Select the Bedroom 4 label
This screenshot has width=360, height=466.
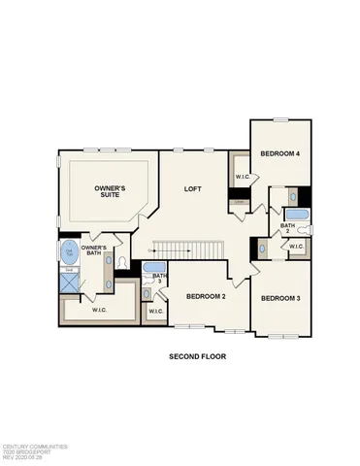(281, 154)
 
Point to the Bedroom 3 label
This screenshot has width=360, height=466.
(280, 297)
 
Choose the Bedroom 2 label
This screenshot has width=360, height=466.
(206, 296)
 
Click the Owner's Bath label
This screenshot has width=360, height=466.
(94, 250)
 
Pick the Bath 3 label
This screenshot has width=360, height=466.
(160, 280)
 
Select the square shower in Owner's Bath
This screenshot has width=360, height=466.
(70, 283)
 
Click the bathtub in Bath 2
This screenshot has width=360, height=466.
(298, 214)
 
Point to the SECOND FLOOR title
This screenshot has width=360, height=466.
(197, 356)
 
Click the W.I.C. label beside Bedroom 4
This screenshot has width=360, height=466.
(242, 177)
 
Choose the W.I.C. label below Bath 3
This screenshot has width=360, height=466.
(156, 312)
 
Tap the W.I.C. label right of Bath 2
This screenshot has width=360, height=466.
(297, 247)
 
